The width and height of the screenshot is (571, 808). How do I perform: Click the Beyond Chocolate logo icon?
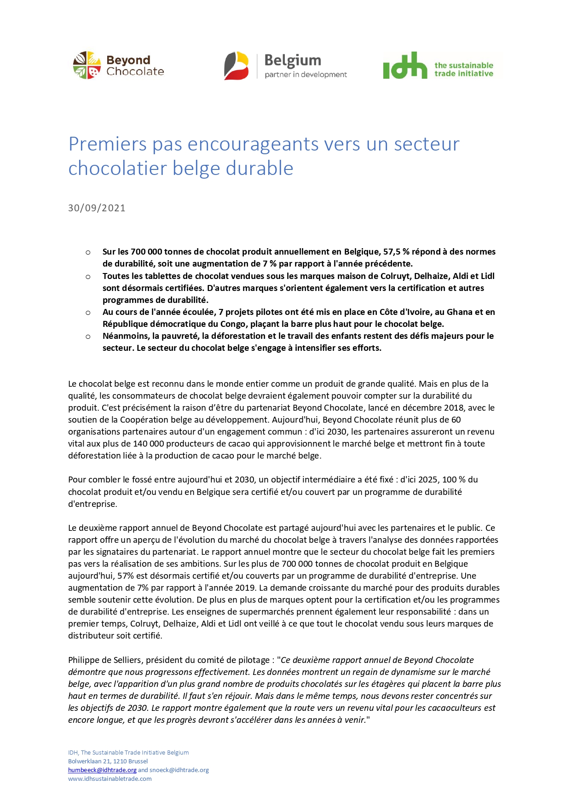[x=87, y=65]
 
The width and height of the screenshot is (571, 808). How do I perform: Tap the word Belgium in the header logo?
[x=293, y=60]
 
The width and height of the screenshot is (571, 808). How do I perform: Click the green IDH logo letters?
[x=405, y=65]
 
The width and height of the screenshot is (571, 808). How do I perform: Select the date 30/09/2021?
[x=97, y=208]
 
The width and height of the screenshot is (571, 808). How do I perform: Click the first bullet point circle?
[x=88, y=252]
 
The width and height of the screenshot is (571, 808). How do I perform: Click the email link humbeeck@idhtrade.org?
[x=102, y=770]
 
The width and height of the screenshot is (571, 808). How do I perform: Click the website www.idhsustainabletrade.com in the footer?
[x=110, y=779]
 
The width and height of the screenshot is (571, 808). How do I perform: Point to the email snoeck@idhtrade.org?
[x=179, y=770]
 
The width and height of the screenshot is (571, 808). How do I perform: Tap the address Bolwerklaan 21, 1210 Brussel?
[x=108, y=761]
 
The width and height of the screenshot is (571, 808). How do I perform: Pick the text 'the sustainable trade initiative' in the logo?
[x=463, y=70]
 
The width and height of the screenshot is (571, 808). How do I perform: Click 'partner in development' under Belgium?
[x=306, y=75]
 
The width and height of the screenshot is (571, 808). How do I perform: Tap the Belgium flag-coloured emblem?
[x=236, y=66]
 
